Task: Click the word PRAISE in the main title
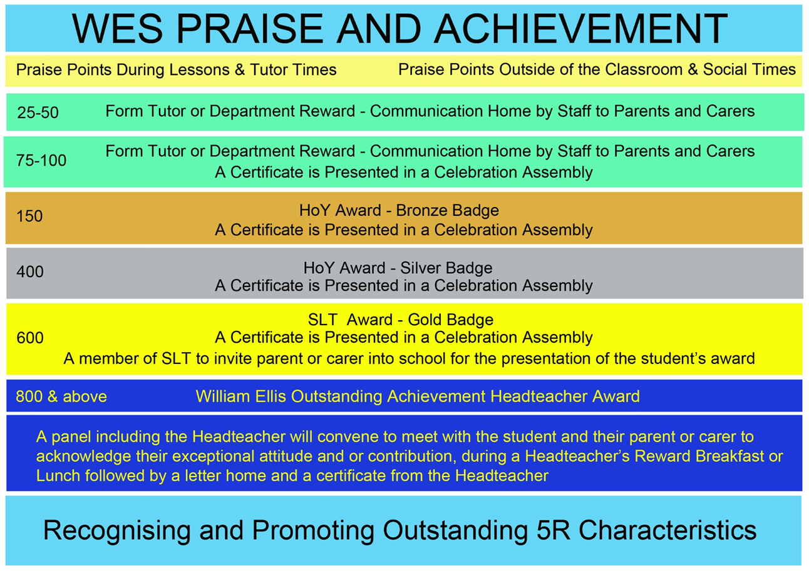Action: pyautogui.click(x=250, y=28)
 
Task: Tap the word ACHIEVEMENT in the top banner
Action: pyautogui.click(x=580, y=28)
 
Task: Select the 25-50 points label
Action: pyautogui.click(x=38, y=113)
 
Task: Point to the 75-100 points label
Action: pyautogui.click(x=41, y=160)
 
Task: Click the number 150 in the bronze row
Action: pyautogui.click(x=29, y=216)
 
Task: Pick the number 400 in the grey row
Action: pyautogui.click(x=30, y=271)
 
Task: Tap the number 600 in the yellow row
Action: pyautogui.click(x=30, y=338)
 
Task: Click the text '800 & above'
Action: pyautogui.click(x=61, y=397)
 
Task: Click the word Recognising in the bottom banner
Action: pyautogui.click(x=116, y=530)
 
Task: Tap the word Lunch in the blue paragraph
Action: pyautogui.click(x=58, y=476)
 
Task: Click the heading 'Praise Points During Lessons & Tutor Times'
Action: pyautogui.click(x=176, y=69)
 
